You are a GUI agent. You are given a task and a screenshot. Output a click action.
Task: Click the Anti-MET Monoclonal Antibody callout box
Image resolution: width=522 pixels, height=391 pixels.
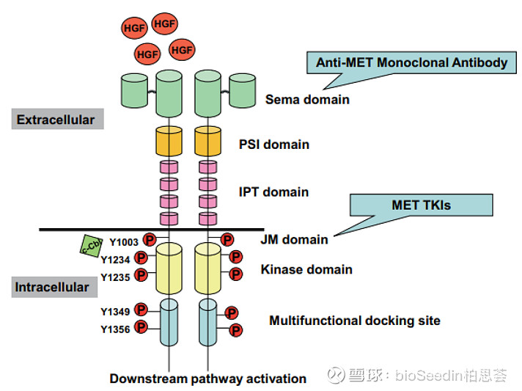[x=411, y=63]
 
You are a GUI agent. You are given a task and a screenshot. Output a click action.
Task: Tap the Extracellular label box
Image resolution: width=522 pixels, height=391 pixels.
[x=56, y=119]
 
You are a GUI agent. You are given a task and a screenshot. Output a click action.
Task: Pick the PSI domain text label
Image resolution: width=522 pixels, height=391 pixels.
[x=274, y=145]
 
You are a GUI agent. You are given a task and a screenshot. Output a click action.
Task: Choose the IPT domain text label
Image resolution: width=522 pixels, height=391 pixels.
[x=274, y=192]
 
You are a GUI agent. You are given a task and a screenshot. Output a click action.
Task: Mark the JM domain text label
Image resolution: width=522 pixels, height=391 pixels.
[x=294, y=238]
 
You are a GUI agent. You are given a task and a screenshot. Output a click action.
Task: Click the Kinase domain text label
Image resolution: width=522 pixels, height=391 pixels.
[x=306, y=270]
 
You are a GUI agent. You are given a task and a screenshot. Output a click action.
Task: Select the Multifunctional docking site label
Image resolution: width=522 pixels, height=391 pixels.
[x=355, y=321]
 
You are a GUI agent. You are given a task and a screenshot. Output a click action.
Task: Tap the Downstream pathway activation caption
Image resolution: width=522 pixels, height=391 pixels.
[x=207, y=379]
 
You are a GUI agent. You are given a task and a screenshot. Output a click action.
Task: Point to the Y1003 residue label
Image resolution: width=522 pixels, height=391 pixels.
[x=124, y=241]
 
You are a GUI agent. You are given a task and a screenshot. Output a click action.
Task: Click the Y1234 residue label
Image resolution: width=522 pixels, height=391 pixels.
[x=116, y=259]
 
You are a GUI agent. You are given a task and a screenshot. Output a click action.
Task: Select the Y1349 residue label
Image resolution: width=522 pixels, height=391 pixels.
[x=116, y=312]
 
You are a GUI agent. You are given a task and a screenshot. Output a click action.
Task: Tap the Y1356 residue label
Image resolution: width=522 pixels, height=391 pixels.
[x=116, y=329]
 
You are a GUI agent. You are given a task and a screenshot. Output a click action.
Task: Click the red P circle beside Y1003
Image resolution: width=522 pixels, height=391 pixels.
[x=149, y=240]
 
